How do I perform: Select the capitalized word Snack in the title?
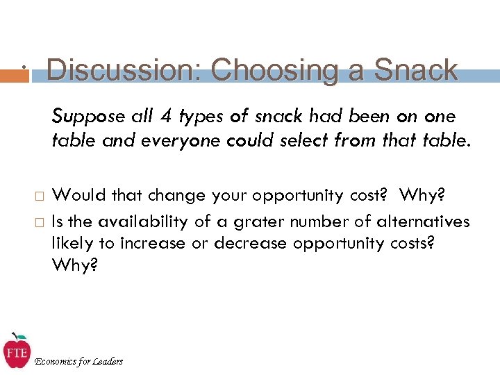pyautogui.click(x=416, y=70)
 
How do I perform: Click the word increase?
pyautogui.click(x=151, y=243)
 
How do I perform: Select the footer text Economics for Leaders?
pyautogui.click(x=78, y=361)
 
